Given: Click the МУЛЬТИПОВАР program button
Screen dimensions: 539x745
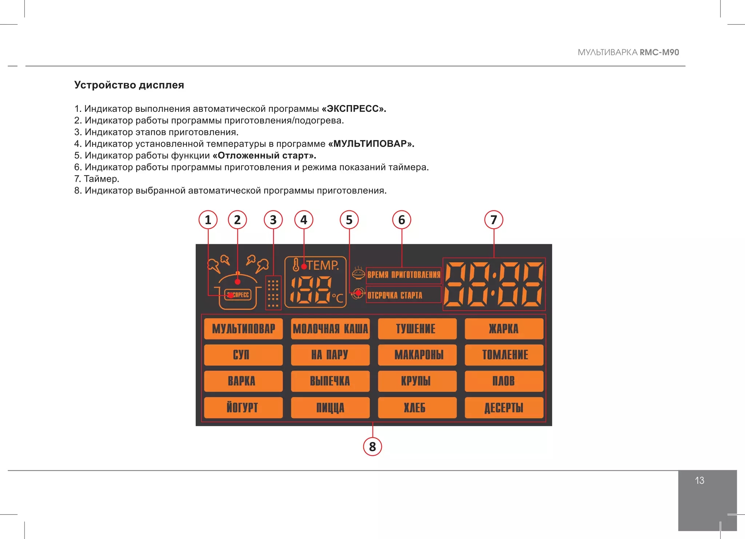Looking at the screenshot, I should click(x=243, y=329).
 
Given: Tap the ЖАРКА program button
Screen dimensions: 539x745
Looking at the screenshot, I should click(x=504, y=329).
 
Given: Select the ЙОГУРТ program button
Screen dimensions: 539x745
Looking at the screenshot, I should click(x=243, y=407).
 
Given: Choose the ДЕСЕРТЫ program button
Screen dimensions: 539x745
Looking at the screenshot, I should click(x=504, y=407).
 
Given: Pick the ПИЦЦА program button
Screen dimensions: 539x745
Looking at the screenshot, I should click(x=330, y=407).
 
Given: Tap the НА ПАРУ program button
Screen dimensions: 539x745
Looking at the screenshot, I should click(x=330, y=355).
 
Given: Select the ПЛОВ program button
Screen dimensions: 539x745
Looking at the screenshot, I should click(x=504, y=381).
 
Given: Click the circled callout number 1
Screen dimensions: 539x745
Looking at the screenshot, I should click(x=208, y=220).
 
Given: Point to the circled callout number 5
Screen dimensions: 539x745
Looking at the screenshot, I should click(x=349, y=220).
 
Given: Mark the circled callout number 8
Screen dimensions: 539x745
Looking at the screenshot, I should click(x=372, y=447).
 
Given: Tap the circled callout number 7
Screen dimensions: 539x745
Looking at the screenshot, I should click(x=494, y=220).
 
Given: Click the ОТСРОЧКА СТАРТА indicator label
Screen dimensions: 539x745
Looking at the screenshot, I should click(x=395, y=295).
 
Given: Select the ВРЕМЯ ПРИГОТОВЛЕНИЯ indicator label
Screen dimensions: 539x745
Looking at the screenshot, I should click(x=403, y=275).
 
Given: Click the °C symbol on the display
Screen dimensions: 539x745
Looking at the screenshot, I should click(x=338, y=298).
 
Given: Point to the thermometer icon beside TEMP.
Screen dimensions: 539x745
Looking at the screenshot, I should click(x=296, y=265).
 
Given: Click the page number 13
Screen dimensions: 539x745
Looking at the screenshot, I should click(x=700, y=480).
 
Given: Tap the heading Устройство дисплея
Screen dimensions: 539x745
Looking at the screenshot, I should click(x=129, y=85).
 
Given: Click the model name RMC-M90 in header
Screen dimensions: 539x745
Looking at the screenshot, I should click(x=659, y=52).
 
